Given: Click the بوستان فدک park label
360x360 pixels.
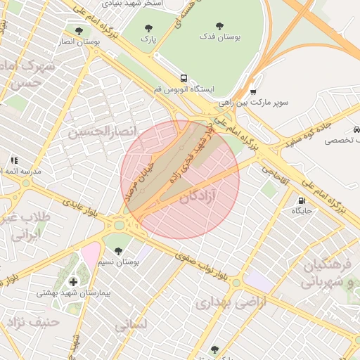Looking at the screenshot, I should [x=219, y=37].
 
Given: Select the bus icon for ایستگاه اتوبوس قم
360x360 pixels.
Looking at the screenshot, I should [x=184, y=78].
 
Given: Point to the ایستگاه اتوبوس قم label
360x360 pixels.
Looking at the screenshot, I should [x=184, y=90].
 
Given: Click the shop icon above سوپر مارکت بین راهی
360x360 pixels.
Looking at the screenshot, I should [x=253, y=91].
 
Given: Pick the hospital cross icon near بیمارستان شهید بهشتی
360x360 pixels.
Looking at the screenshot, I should [x=73, y=282].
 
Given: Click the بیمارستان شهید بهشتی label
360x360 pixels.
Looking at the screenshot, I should [x=72, y=292].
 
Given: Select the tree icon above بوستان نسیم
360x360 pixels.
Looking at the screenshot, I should [x=117, y=250].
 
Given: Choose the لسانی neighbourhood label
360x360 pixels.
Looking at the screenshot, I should [x=130, y=325].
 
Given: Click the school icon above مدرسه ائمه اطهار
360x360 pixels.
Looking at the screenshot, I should [x=13, y=160].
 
